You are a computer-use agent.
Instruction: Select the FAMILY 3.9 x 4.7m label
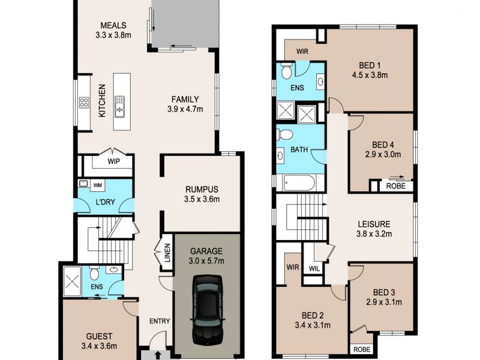tap(185, 104)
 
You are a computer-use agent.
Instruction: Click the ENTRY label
tap(159, 321)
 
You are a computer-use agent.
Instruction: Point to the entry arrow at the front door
tap(158, 355)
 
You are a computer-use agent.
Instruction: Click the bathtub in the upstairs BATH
tap(299, 182)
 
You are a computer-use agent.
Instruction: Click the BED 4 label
tap(382, 145)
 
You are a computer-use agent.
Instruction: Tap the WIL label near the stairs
tap(314, 268)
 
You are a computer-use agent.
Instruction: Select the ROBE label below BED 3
tap(361, 349)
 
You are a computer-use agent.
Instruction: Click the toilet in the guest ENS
tap(95, 275)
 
